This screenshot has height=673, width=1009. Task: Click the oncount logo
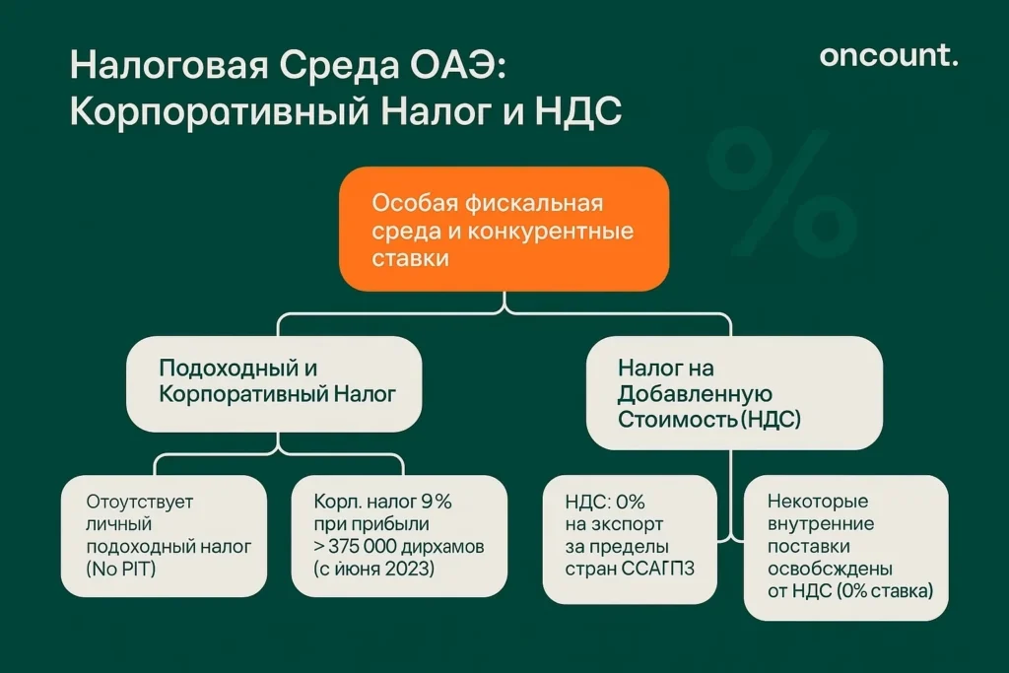pos(888,56)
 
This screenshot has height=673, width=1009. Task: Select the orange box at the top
pos(504,229)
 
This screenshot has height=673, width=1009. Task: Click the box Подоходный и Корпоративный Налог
pos(275,383)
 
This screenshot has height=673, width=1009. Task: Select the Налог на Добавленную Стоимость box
pos(734,392)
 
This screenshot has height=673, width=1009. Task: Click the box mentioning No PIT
pos(164,536)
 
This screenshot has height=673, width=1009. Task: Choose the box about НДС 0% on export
pos(630,538)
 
